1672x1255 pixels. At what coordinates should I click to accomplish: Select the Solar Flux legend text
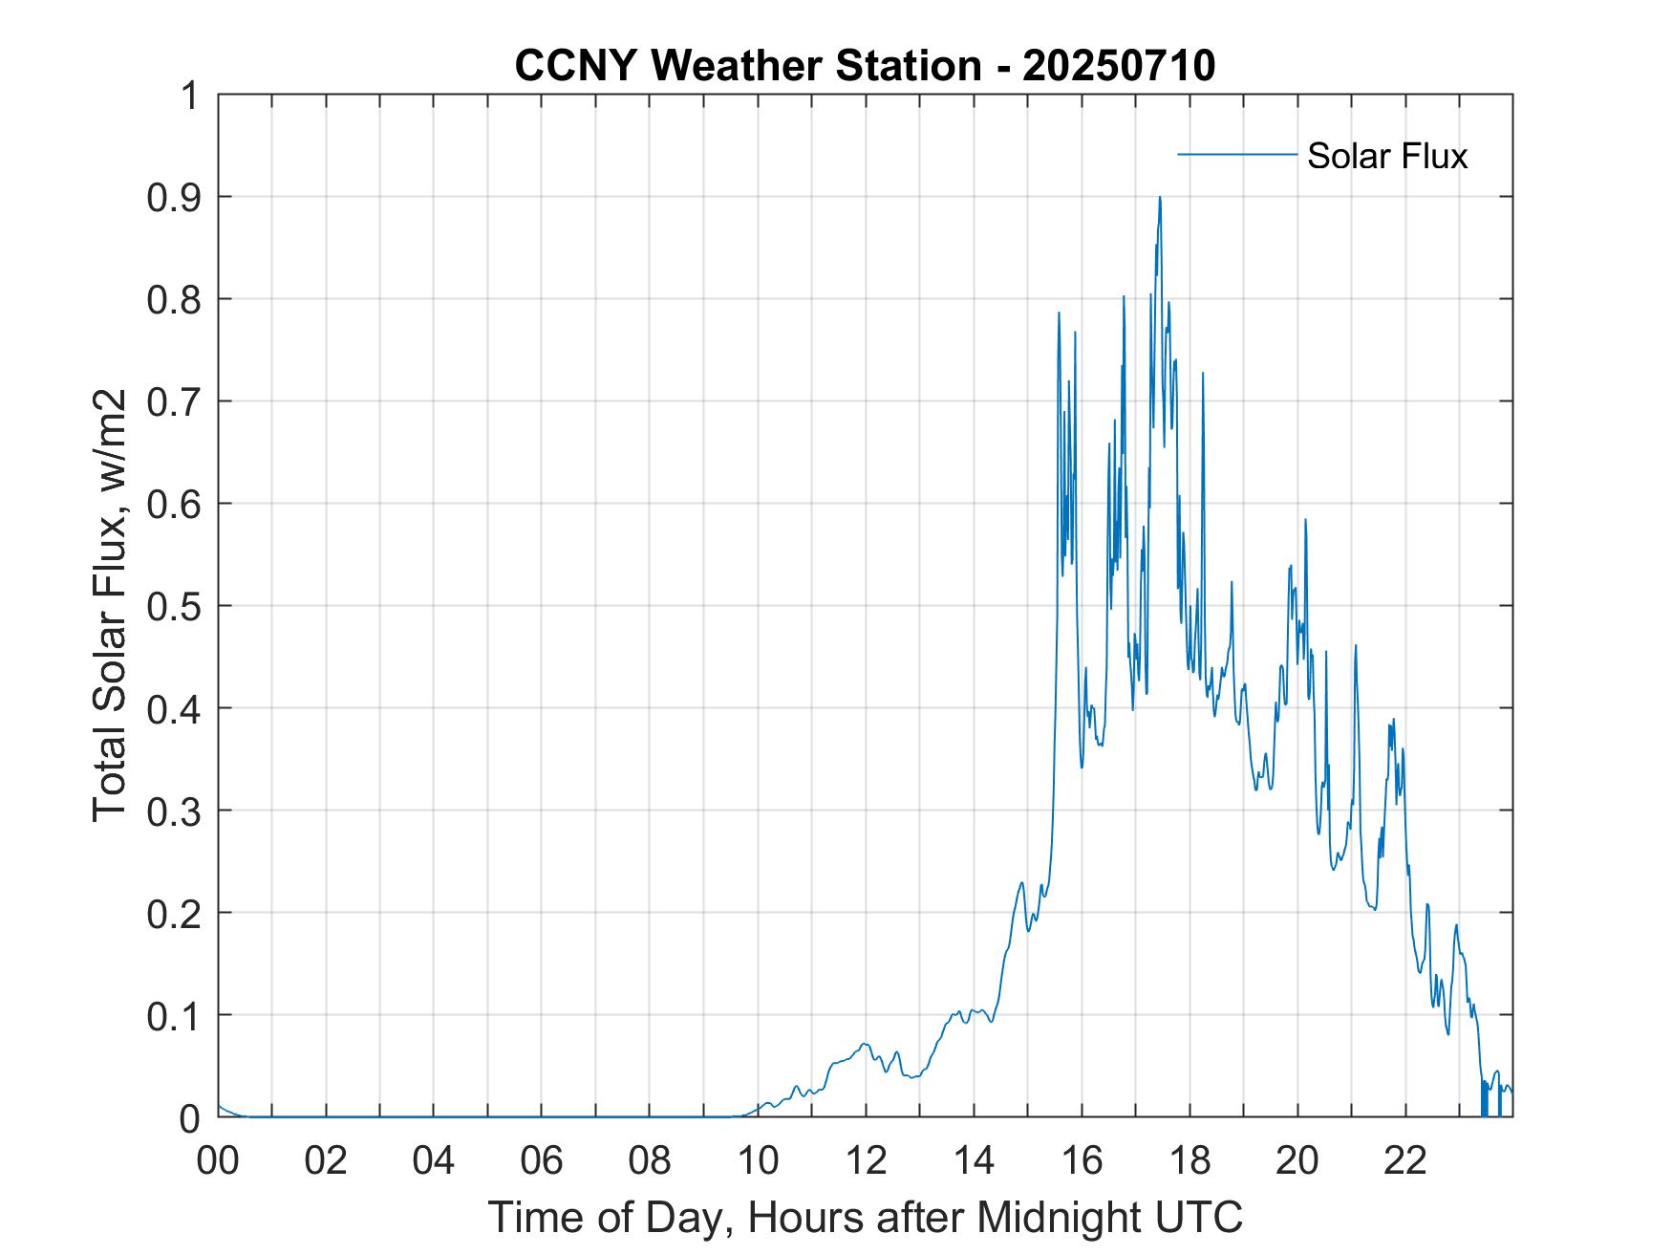coord(1386,156)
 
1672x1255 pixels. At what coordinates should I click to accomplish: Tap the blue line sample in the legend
coord(1236,154)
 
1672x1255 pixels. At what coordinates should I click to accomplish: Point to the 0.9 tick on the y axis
coord(177,198)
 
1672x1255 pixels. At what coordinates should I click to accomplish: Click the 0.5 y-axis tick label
coord(177,607)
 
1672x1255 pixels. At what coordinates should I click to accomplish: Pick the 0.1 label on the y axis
coord(177,1016)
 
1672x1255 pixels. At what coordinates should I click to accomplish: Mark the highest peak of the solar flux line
coord(1160,197)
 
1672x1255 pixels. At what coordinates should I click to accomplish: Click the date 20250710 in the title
coord(1119,66)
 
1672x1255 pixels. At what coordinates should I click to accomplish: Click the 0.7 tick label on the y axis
coord(177,402)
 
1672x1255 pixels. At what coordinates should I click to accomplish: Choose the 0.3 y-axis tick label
coord(177,811)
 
